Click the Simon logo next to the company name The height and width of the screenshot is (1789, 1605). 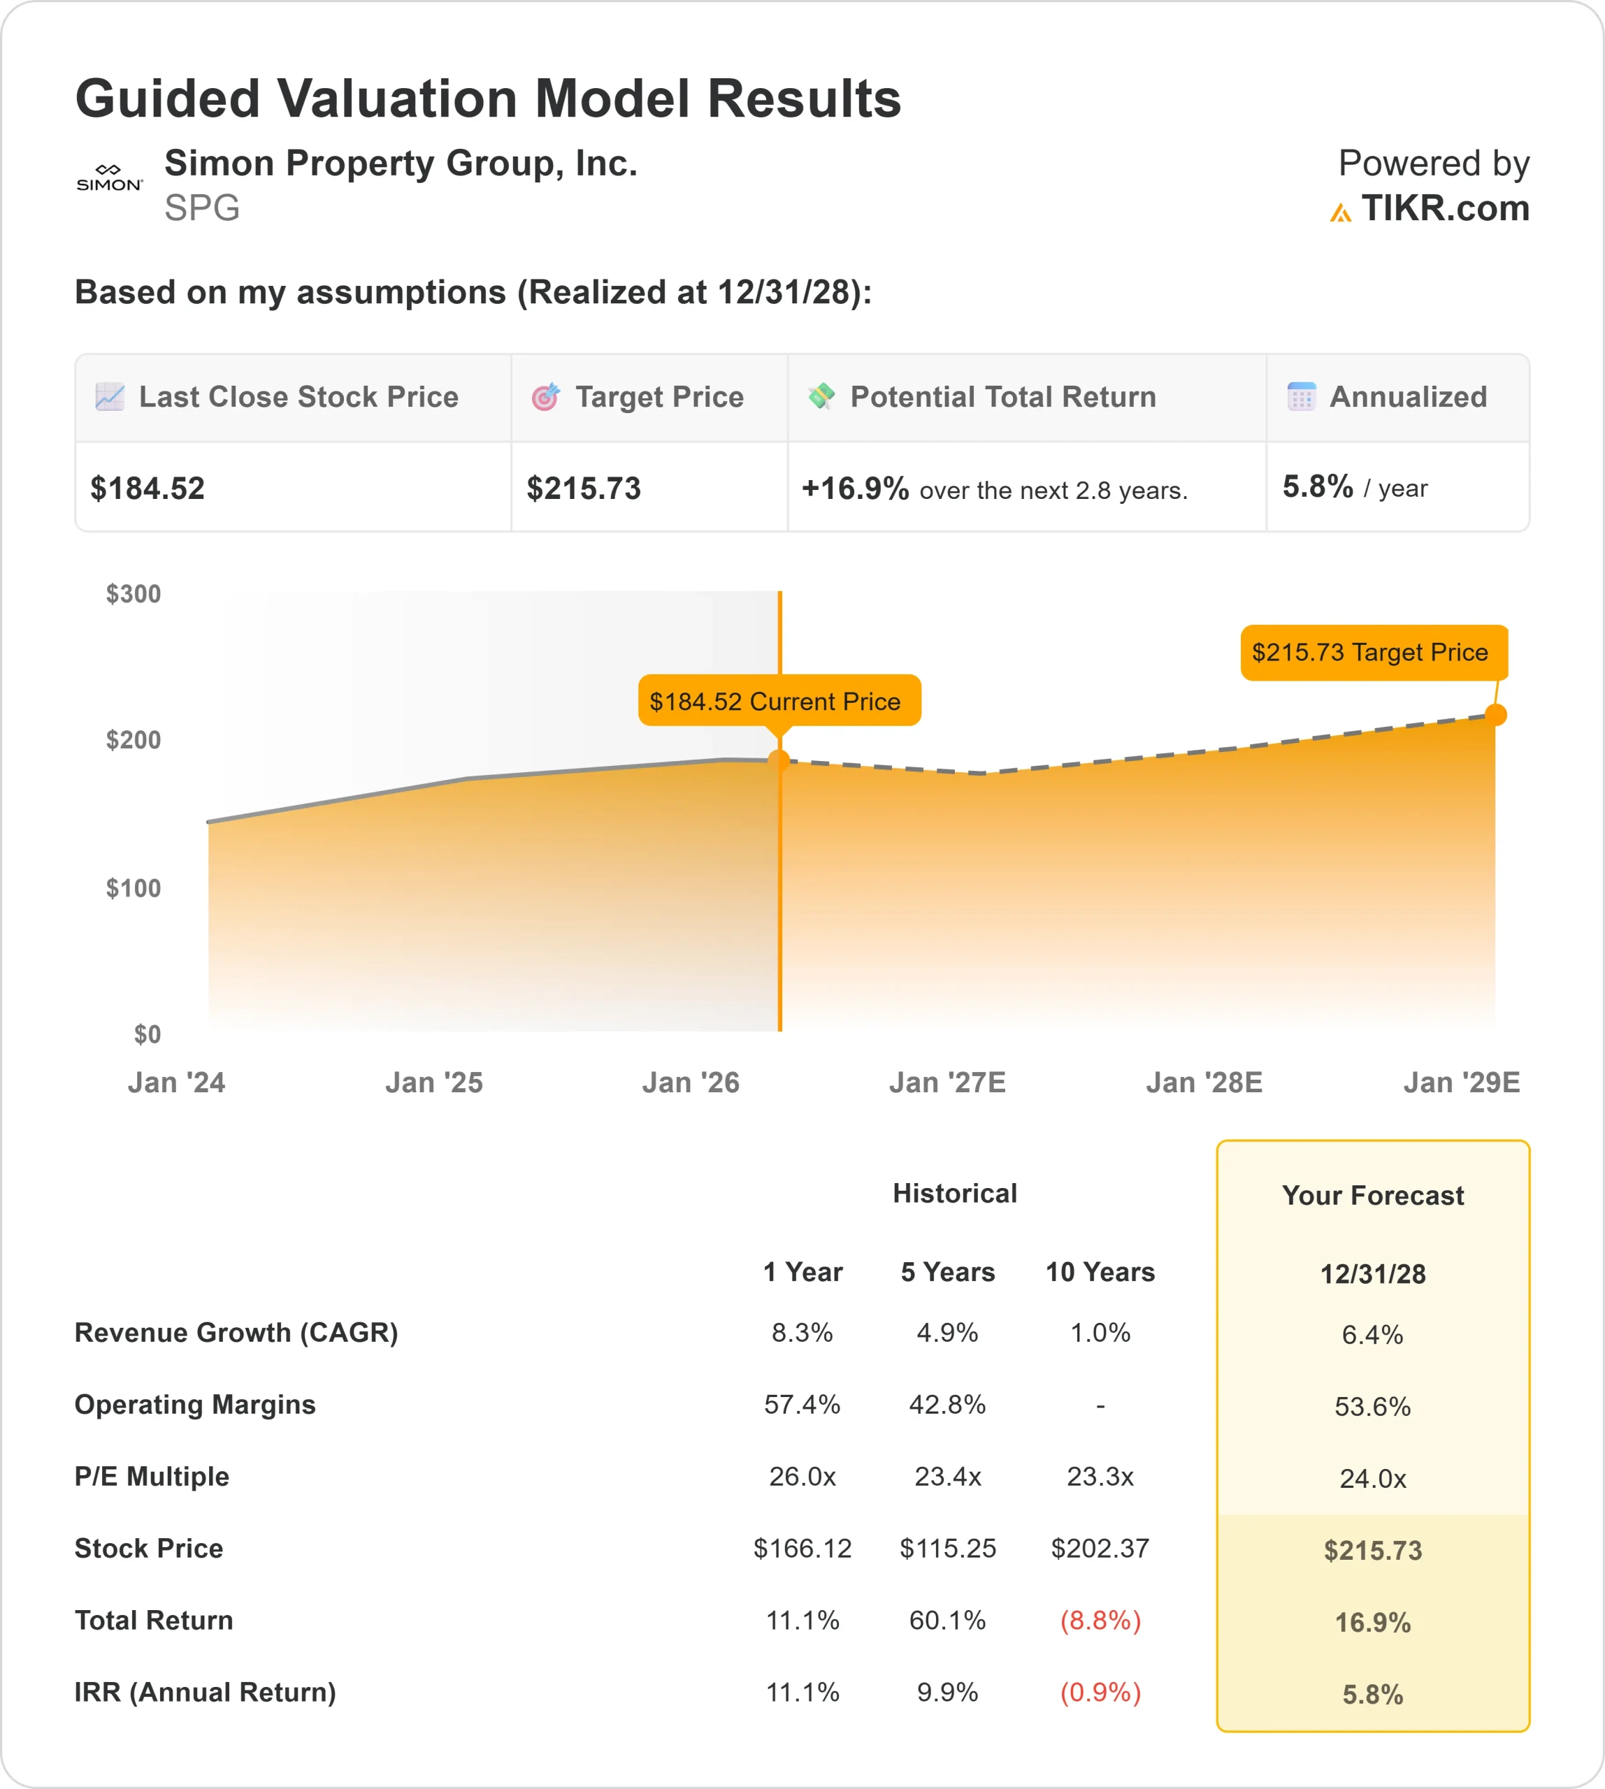click(x=109, y=178)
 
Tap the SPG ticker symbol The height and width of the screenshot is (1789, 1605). click(x=202, y=208)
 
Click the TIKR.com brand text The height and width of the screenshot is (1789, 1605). click(x=1444, y=209)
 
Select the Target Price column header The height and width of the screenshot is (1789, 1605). click(x=658, y=397)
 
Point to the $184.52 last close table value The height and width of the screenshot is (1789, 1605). click(x=148, y=488)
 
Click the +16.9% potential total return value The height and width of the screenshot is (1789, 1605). click(x=854, y=488)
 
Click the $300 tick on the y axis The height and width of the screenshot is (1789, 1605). click(x=133, y=593)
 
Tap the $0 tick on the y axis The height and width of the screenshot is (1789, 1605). click(x=147, y=1034)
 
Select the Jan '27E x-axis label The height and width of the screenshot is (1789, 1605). click(x=947, y=1082)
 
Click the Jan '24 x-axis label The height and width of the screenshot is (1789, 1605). click(x=176, y=1082)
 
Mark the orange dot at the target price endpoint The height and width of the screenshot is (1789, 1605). click(x=1496, y=714)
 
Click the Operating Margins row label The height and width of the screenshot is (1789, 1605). click(x=195, y=1404)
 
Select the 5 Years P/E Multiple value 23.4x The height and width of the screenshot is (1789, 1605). click(x=947, y=1476)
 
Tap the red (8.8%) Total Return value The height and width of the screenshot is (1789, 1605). click(x=1100, y=1620)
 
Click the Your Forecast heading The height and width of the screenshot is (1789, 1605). click(x=1372, y=1195)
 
